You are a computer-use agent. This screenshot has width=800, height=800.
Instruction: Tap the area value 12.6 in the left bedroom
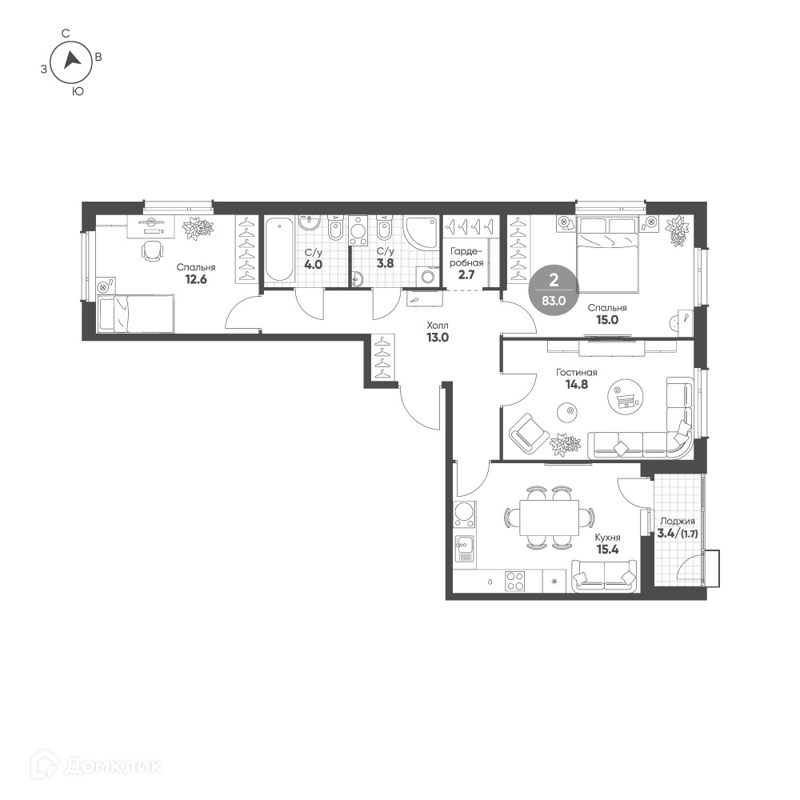coord(196,279)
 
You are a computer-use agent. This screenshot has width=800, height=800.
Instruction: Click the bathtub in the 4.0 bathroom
coord(279,250)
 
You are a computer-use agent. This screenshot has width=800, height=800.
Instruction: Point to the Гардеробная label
coord(466,257)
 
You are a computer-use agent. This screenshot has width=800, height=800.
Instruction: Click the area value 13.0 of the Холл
coord(438,338)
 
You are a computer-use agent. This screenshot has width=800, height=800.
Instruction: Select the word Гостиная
coord(577,373)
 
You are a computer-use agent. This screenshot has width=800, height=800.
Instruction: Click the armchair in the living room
coord(529,433)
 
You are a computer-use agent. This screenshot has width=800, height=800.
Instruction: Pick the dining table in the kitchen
coord(549,518)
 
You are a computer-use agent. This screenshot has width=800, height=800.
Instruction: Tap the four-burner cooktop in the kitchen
coord(514,581)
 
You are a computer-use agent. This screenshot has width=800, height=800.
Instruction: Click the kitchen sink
coord(464,551)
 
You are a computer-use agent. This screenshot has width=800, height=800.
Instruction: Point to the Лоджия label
coord(677,522)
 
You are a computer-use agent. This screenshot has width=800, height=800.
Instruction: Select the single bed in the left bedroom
coord(136,314)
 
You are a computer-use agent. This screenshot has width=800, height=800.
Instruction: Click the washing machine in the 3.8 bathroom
coord(427,277)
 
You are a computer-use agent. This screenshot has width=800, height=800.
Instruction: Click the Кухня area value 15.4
coord(607,550)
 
